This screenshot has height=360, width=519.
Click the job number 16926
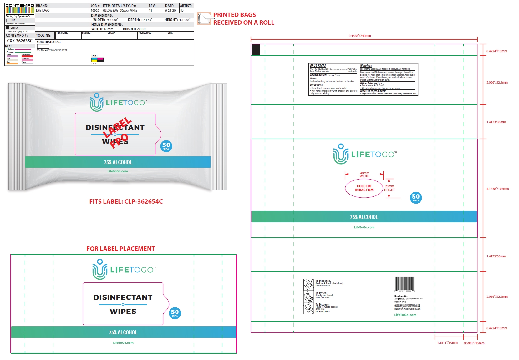tap(95, 10)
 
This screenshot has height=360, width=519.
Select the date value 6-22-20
tap(170, 10)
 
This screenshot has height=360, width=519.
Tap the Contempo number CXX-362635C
tap(20, 41)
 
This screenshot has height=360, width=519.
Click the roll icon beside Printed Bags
tap(204, 18)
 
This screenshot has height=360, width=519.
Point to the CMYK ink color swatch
tap(97, 59)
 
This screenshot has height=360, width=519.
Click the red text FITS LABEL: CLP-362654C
tap(126, 201)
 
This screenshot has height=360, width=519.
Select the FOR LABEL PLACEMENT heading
tap(121, 249)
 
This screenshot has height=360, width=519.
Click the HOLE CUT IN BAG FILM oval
tap(364, 188)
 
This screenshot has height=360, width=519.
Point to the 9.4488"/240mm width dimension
tap(360, 36)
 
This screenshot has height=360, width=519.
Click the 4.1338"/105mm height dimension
tap(497, 189)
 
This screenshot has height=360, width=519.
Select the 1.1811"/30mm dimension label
tap(447, 342)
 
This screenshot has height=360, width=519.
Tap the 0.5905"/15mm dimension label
tap(474, 343)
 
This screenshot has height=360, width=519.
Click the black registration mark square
tap(256, 50)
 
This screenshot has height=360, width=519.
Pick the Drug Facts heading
tap(318, 66)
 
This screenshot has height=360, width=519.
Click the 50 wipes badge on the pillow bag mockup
tap(166, 145)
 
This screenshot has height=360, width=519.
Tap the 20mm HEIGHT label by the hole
tap(389, 188)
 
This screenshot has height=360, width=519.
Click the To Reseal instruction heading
tap(322, 293)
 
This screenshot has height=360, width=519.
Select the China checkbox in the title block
tap(8, 28)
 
